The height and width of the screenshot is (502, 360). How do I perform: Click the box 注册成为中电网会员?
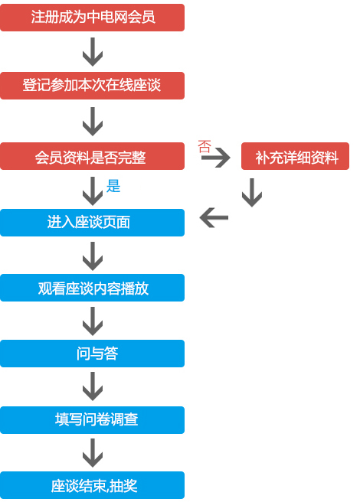pyautogui.click(x=93, y=18)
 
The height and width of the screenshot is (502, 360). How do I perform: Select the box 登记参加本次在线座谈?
pyautogui.click(x=93, y=86)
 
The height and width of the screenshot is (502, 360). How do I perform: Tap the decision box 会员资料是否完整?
pyautogui.click(x=93, y=156)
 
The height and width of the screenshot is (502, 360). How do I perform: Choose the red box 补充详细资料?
pyautogui.click(x=295, y=156)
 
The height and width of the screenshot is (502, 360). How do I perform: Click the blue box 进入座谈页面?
pyautogui.click(x=93, y=223)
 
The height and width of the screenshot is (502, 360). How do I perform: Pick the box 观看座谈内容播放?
pyautogui.click(x=93, y=288)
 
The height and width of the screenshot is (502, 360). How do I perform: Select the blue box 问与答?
pyautogui.click(x=93, y=354)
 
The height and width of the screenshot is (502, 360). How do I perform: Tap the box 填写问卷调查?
pyautogui.click(x=93, y=420)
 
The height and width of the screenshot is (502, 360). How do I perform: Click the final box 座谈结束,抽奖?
pyautogui.click(x=93, y=485)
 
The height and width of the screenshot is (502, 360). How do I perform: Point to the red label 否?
pyautogui.click(x=205, y=146)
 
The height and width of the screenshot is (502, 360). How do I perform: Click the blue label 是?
pyautogui.click(x=113, y=186)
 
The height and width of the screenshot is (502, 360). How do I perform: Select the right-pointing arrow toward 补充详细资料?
pyautogui.click(x=216, y=157)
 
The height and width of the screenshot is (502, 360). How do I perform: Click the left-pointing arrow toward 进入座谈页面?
pyautogui.click(x=214, y=217)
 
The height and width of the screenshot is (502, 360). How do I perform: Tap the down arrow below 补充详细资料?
pyautogui.click(x=252, y=193)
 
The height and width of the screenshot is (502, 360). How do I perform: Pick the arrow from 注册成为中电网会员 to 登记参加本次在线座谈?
pyautogui.click(x=93, y=52)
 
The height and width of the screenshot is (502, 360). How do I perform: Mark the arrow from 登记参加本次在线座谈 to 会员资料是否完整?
pyautogui.click(x=93, y=122)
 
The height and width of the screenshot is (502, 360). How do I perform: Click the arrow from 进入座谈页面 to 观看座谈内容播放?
pyautogui.click(x=93, y=256)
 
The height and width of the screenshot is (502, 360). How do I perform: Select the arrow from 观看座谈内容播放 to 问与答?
pyautogui.click(x=93, y=321)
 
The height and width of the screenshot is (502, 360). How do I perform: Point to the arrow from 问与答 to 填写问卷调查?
pyautogui.click(x=93, y=386)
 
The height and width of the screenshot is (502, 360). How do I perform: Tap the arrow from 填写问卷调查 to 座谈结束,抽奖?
pyautogui.click(x=93, y=453)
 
